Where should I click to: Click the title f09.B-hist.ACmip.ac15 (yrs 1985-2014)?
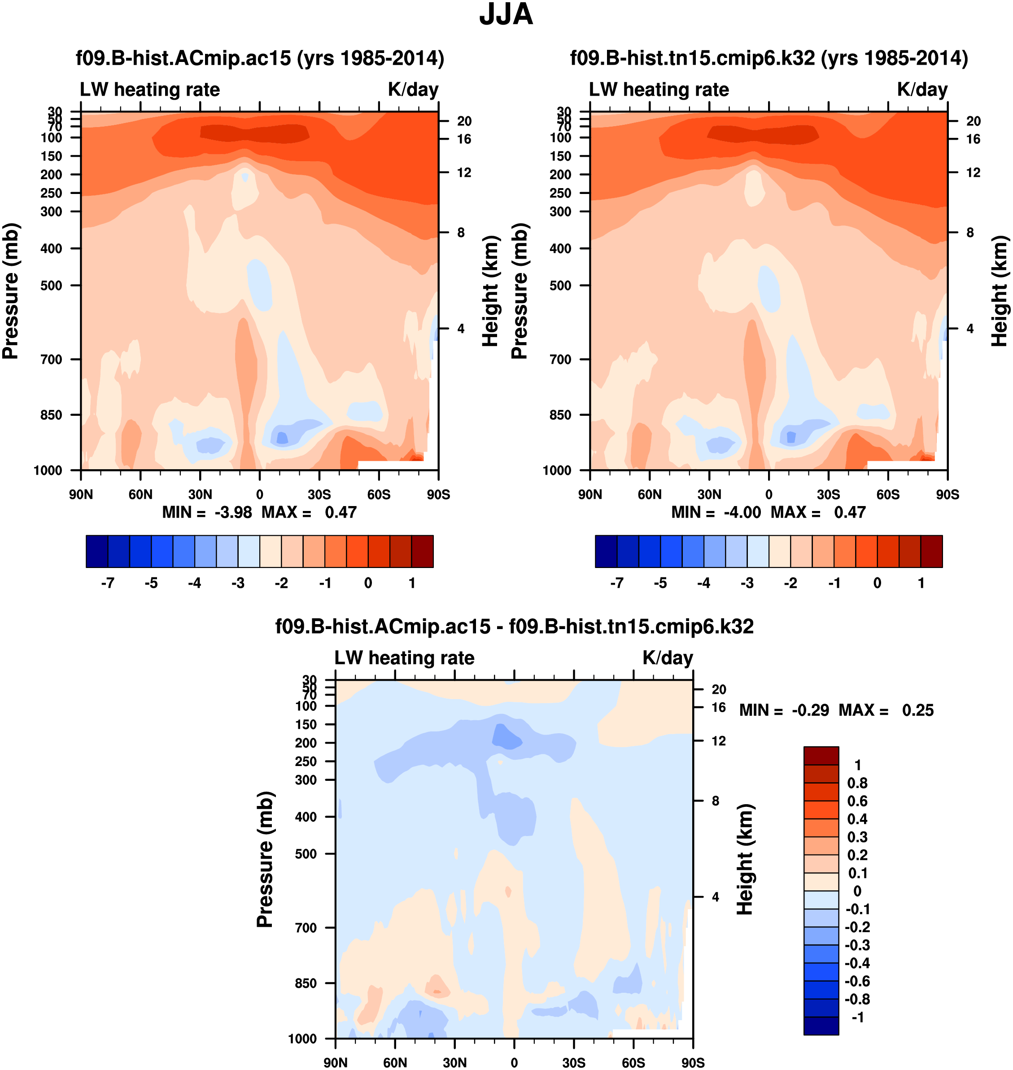(260, 58)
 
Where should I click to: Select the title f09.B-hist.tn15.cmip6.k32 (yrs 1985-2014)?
(769, 58)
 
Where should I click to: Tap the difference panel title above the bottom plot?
(514, 626)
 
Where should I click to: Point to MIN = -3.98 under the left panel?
(207, 512)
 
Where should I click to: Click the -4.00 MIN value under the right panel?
(742, 512)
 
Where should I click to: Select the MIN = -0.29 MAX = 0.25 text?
(836, 710)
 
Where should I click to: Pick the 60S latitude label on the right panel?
(888, 494)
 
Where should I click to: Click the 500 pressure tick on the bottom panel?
(306, 854)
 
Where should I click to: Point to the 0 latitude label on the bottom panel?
(514, 1063)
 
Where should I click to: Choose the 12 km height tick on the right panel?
(973, 173)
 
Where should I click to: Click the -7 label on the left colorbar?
(108, 583)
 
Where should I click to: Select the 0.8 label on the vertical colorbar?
(857, 783)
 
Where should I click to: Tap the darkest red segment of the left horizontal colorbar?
(422, 551)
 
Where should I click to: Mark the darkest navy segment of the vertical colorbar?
(821, 1026)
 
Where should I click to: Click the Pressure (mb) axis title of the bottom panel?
(265, 859)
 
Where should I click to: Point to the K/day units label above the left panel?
(413, 90)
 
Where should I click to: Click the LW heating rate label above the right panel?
(659, 90)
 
